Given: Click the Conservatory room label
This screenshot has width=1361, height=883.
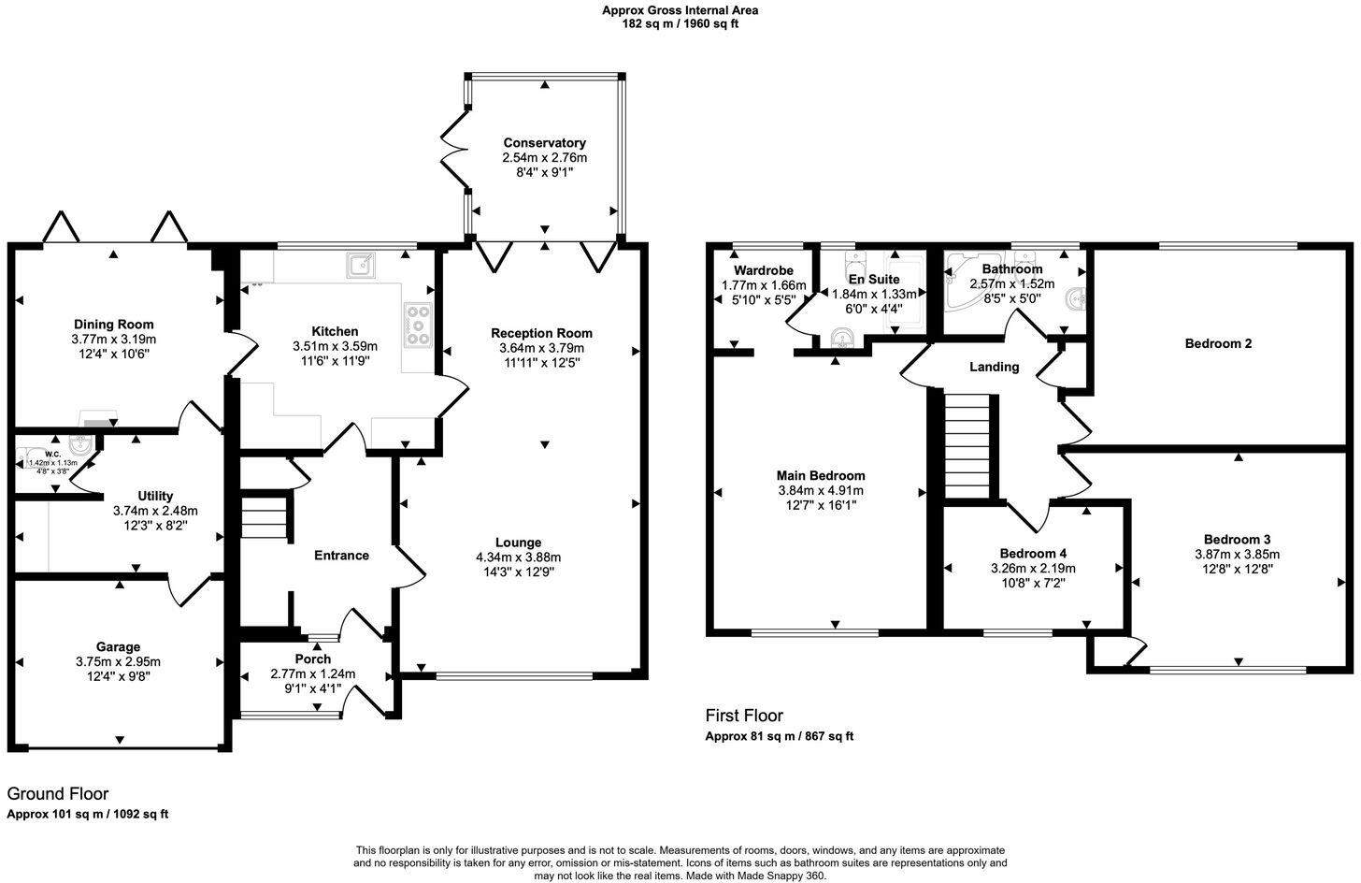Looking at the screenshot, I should point(544,143).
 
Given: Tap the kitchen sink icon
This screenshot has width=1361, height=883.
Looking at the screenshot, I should point(361,266).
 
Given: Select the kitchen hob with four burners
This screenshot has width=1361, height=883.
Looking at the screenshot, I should point(417,326).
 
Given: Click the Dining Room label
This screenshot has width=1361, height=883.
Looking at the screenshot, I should point(113,325).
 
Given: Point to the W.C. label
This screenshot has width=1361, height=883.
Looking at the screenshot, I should point(52,453).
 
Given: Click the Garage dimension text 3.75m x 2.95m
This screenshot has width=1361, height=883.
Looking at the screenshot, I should point(119,661).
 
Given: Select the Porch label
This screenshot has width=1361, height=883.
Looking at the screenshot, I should point(312,659).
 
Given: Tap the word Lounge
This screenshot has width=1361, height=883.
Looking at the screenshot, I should point(518,543).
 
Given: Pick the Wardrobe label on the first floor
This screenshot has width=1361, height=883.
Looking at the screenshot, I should point(764,271).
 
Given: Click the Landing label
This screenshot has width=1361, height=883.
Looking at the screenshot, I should point(994,367).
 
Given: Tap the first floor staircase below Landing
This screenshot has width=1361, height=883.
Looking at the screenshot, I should point(967,446).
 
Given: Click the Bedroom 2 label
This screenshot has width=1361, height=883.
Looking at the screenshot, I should point(1218,343).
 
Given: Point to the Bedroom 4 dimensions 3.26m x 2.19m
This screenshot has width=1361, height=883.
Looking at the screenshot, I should point(1033,568).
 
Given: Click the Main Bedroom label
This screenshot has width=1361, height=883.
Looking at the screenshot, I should point(821,475).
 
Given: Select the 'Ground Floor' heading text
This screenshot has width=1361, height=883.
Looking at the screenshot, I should point(58,794).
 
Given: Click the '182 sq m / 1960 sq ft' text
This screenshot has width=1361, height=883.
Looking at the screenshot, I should point(680,23).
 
